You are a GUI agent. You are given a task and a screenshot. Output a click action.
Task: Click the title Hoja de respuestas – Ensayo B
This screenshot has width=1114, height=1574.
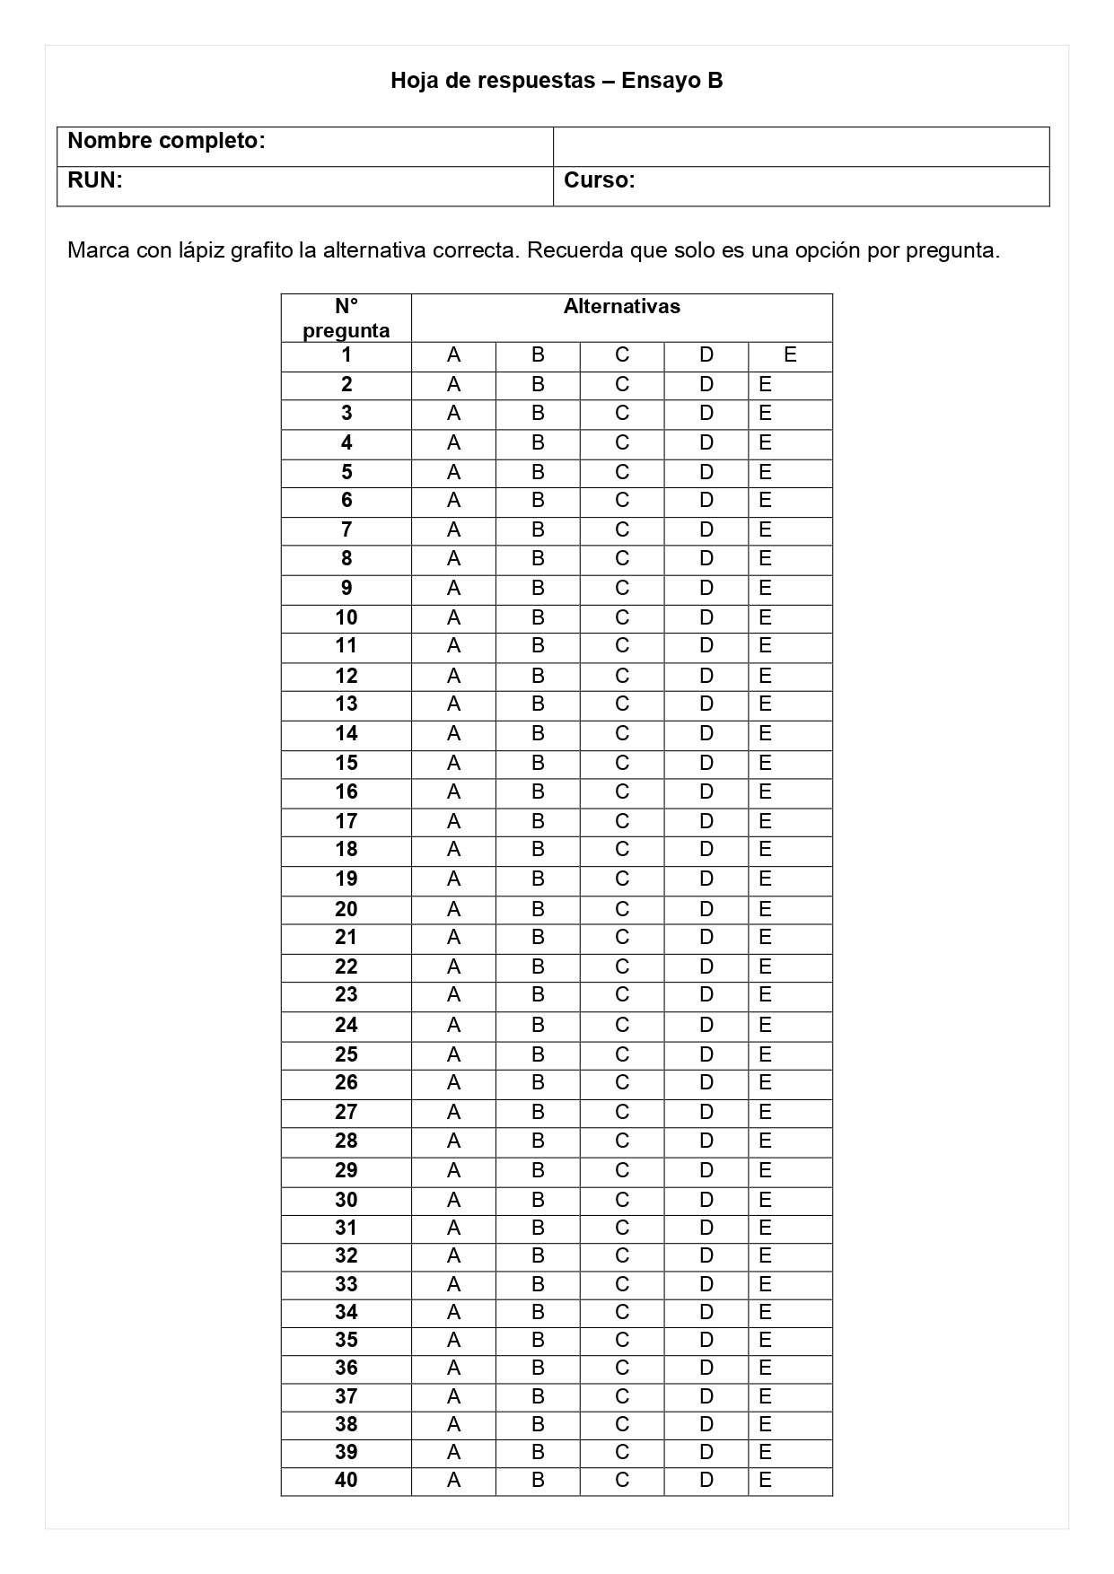pos(557,81)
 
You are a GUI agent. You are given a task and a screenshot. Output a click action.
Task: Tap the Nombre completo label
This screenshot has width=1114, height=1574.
pos(166,141)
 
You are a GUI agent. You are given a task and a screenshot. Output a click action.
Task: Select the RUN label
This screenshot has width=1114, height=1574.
pos(94,180)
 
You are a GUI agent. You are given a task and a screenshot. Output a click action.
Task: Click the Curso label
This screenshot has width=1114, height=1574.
pos(599,180)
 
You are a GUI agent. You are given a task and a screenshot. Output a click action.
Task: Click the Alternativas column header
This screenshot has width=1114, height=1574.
pos(621,307)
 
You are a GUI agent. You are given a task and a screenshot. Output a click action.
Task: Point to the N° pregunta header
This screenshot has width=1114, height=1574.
pos(346,319)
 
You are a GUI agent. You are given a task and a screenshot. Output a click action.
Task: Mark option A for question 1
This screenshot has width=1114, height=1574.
pos(453,355)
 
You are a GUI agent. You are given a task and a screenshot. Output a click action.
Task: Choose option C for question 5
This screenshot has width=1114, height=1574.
pos(622,472)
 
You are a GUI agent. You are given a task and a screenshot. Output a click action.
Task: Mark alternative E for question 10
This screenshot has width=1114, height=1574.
pos(765,617)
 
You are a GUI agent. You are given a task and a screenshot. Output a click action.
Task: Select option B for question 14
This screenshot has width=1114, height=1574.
pos(538,734)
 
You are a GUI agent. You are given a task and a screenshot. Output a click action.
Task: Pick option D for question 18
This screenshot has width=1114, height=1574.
pos(706,849)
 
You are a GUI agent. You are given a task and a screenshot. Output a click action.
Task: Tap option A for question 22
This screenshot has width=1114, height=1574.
pos(453,966)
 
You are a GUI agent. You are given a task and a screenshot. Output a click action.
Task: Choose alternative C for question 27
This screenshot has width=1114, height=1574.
pos(622,1112)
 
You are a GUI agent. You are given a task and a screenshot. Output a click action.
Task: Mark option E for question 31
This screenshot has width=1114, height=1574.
pos(765,1228)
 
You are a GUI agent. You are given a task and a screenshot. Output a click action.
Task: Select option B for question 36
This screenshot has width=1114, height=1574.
pos(538,1368)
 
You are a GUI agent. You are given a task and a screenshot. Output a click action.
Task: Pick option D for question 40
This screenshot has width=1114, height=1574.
pos(706,1480)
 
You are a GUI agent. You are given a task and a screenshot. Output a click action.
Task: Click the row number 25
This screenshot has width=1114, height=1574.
pos(346,1054)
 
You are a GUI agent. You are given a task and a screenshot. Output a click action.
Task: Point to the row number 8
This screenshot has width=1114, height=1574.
pos(346,558)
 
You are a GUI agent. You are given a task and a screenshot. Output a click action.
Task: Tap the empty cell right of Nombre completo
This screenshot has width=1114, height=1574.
pos(801,146)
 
